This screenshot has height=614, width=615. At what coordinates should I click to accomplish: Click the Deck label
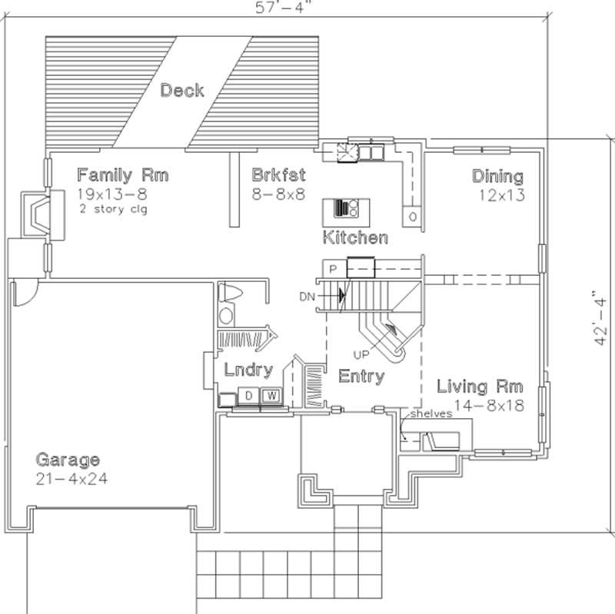(x=182, y=91)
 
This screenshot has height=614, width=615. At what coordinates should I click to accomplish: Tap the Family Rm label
(x=122, y=175)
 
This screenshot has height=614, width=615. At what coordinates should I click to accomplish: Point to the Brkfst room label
(x=278, y=175)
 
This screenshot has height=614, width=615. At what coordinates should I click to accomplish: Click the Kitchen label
(x=354, y=237)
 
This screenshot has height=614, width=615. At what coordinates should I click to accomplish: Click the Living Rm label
(x=480, y=386)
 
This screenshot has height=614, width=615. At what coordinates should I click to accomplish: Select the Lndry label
(x=248, y=370)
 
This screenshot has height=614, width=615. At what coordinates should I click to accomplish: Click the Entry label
(x=361, y=377)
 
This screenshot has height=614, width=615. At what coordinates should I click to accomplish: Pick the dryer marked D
(x=249, y=396)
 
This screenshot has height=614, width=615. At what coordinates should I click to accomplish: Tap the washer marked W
(x=271, y=396)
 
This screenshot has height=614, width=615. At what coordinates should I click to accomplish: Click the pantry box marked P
(x=333, y=269)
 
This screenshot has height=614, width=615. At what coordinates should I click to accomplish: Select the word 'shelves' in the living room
(x=430, y=413)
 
